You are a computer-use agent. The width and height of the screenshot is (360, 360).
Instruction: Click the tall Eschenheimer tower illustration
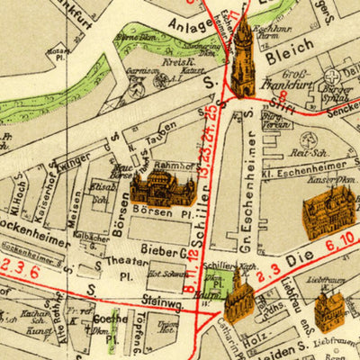[x=243, y=56]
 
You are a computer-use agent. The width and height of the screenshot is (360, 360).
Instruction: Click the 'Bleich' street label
[x=289, y=51]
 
